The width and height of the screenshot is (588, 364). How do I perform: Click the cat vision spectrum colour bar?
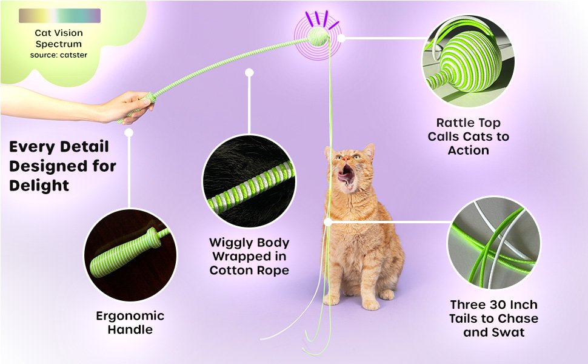[59, 16]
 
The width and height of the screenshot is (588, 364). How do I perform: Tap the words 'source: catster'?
[58, 56]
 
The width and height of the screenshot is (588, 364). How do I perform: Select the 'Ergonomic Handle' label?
[130, 323]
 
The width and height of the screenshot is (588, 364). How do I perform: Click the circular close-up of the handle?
[130, 255]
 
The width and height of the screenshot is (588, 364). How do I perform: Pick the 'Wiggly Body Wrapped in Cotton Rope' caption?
[249, 256]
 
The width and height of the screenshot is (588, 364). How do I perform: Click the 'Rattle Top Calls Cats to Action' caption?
[468, 136]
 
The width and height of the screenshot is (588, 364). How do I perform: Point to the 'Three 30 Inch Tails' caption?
[493, 318]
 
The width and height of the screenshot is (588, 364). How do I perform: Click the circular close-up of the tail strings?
[493, 243]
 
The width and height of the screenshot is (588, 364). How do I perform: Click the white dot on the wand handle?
[129, 132]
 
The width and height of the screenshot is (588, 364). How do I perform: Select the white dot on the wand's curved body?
[249, 72]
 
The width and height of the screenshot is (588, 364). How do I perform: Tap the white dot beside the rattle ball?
[341, 38]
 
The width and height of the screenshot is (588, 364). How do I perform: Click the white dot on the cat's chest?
[328, 223]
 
